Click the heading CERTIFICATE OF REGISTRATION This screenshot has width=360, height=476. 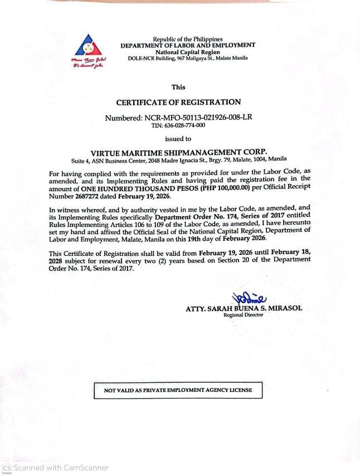(178, 102)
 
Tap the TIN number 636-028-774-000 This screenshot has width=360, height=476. (178, 125)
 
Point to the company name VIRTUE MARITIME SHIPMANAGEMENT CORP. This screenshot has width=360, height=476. (178, 152)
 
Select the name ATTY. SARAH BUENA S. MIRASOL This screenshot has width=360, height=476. (244, 308)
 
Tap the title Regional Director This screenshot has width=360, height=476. (244, 315)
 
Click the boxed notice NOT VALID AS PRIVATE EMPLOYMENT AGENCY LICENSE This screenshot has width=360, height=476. (178, 390)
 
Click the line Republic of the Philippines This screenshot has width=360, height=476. (188, 39)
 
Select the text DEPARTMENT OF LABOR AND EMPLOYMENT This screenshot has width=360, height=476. (188, 45)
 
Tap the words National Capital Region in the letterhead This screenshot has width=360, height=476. (188, 52)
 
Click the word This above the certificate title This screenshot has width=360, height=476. (178, 87)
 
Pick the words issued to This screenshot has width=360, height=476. (178, 139)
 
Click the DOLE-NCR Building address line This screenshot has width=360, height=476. (188, 58)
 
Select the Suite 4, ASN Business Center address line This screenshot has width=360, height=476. (178, 159)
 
